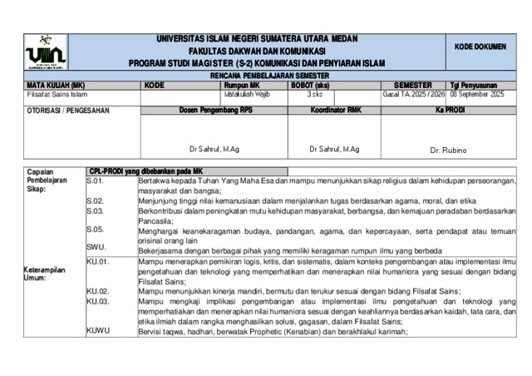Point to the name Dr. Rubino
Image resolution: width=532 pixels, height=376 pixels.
coord(449,150)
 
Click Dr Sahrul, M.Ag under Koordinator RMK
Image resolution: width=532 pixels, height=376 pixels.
coord(334,149)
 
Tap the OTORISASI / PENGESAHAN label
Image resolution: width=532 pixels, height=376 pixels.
coord(52,110)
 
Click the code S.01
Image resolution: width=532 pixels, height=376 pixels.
coord(95,181)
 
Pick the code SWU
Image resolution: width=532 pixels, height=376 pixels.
coord(96,247)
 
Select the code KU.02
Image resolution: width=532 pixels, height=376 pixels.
coord(98,291)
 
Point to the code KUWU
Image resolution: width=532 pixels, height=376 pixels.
coord(99,331)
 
